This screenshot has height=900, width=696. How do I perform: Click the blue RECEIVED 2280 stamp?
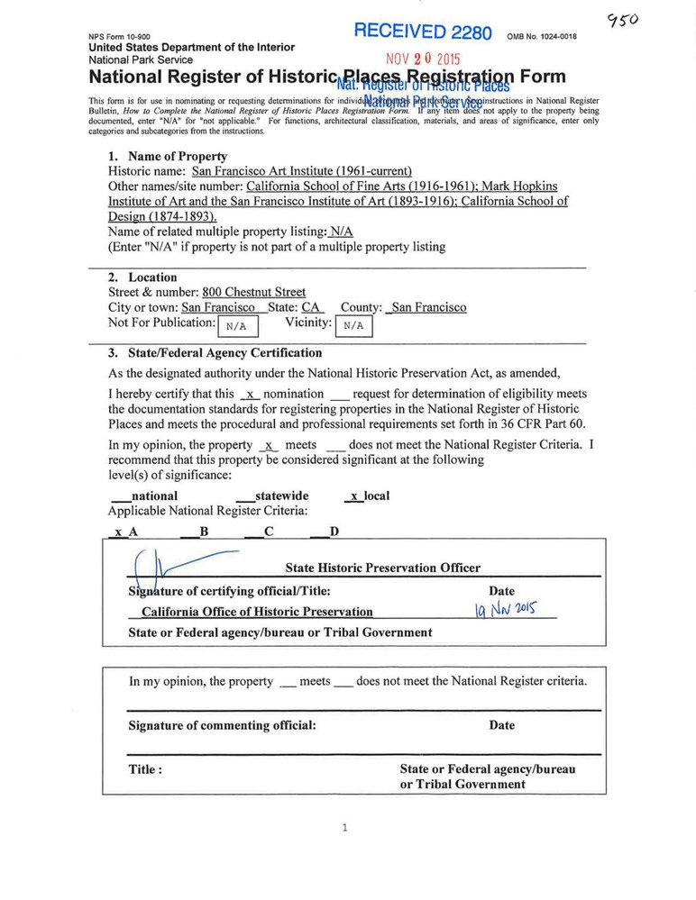click(422, 32)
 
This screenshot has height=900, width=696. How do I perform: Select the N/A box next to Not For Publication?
click(238, 326)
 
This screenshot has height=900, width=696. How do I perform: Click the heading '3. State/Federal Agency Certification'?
click(215, 352)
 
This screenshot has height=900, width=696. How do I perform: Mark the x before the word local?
click(355, 495)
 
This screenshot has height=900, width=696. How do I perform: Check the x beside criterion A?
click(118, 532)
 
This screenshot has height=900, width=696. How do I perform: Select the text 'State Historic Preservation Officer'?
click(382, 568)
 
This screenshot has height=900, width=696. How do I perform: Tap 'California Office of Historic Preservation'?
click(257, 612)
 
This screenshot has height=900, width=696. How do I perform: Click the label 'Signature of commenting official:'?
click(222, 725)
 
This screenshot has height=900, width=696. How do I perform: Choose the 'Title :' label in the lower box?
click(145, 769)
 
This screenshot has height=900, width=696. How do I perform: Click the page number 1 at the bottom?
click(344, 828)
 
